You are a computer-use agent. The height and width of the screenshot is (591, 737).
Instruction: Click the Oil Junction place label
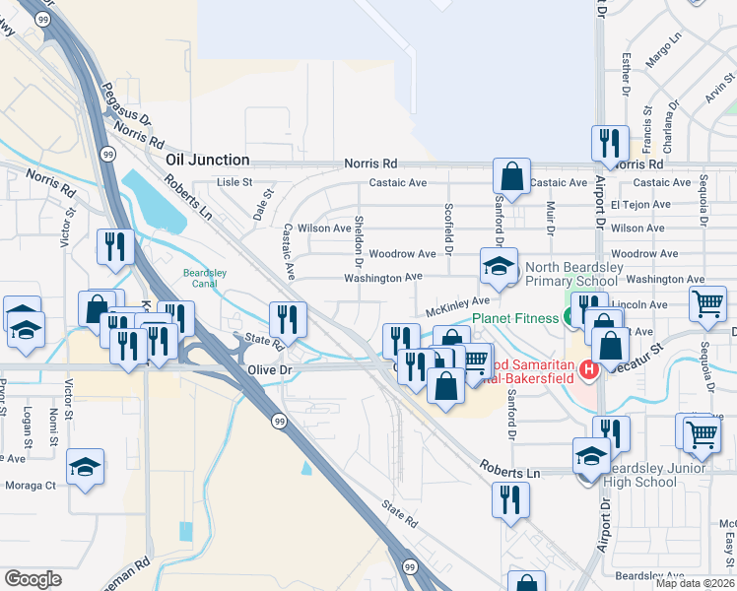(207, 160)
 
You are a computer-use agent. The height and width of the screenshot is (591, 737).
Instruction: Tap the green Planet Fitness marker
(569, 317)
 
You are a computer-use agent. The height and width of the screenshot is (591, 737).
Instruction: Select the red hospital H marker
(589, 370)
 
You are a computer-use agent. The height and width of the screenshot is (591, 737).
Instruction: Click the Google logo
(33, 579)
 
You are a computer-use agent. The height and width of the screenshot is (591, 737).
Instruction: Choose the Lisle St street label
(234, 182)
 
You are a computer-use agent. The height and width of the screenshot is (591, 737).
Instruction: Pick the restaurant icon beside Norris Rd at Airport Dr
(609, 143)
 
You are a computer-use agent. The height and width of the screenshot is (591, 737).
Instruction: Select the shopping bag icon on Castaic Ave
(512, 176)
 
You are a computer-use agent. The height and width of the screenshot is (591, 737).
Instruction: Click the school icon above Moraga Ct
(86, 466)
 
